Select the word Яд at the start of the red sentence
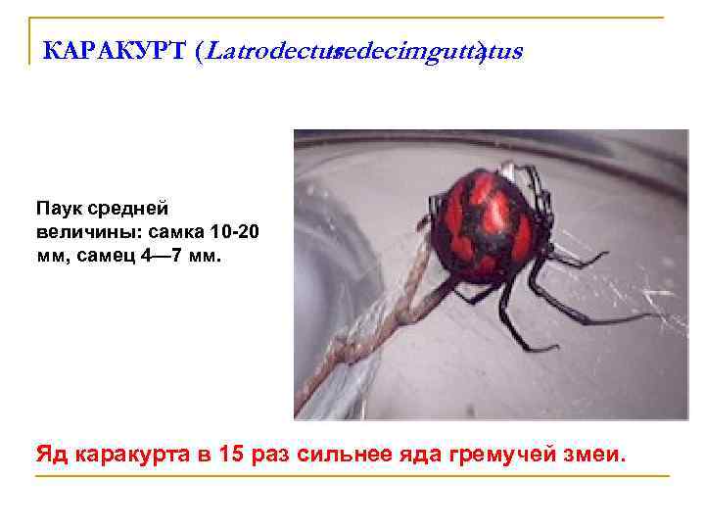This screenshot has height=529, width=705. (x=51, y=455)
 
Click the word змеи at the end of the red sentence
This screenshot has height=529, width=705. (x=595, y=456)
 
